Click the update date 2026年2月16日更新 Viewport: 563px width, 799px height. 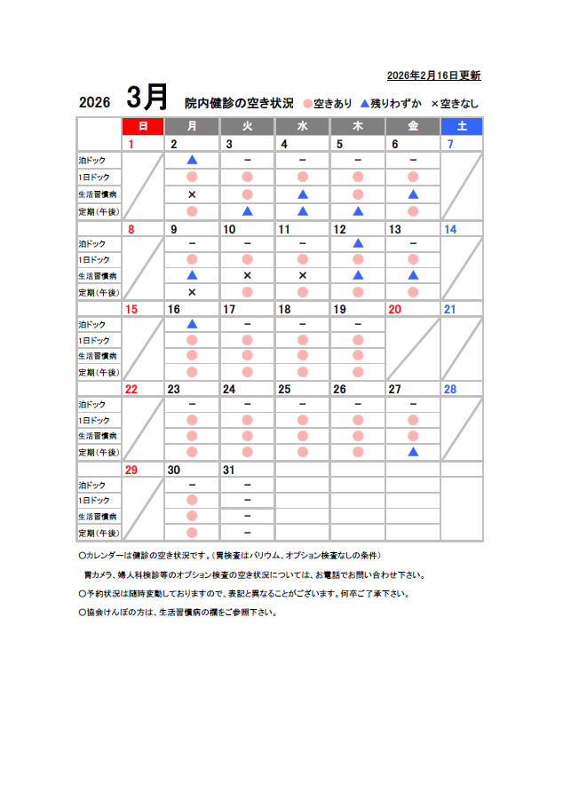pos(433,75)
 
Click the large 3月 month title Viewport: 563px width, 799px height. pos(147,97)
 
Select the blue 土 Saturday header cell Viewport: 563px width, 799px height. pos(461,126)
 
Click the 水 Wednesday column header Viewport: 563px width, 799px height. pos(302,126)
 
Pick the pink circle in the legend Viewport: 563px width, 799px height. pos(307,103)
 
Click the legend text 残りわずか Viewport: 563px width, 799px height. pos(396,103)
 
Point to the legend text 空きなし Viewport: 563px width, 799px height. pos(459,103)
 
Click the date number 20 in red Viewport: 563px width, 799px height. pos(394,309)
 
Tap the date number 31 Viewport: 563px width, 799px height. pos(229,470)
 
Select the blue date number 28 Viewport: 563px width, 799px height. pos(449,389)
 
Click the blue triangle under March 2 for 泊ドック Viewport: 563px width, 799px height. pos(192,160)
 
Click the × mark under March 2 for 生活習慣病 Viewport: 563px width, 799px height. pos(192,194)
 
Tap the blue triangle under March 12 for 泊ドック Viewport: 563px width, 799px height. pos(358,242)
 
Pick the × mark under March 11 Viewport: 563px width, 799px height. pos(303,275)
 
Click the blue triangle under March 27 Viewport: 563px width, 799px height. pos(413,452)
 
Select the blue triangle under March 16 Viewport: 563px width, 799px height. pos(192,324)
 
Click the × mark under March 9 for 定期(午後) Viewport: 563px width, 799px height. pos(192,292)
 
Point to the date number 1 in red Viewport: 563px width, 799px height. pos(131,144)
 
